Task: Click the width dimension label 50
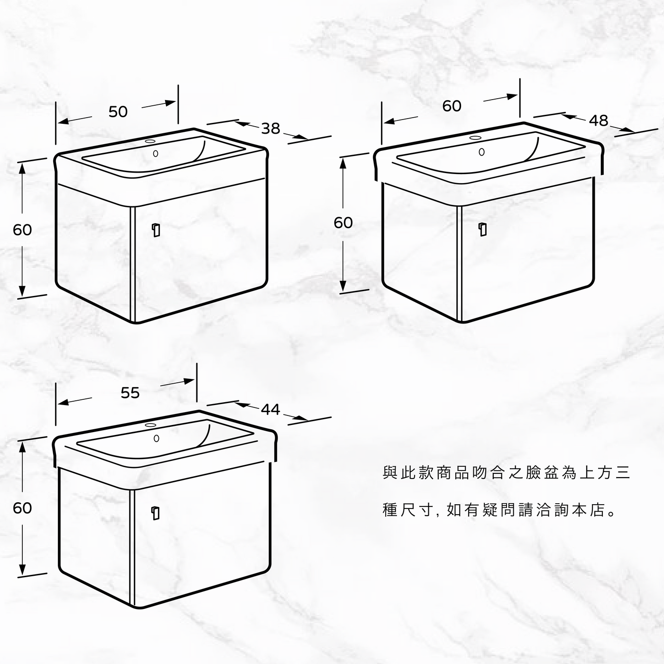(118, 111)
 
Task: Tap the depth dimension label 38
(270, 129)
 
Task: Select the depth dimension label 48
(599, 120)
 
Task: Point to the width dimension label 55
(130, 393)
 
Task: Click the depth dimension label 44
(270, 409)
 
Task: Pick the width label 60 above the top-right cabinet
(452, 106)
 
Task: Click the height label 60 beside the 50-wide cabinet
(22, 230)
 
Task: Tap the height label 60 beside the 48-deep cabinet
(343, 223)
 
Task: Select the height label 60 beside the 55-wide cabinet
(22, 508)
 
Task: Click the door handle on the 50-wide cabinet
(156, 230)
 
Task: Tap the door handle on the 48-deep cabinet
(483, 230)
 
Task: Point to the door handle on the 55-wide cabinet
(156, 513)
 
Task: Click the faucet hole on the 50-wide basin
(150, 141)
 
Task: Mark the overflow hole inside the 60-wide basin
(482, 152)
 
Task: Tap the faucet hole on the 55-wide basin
(150, 425)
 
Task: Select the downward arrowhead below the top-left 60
(22, 291)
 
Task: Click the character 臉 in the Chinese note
(533, 472)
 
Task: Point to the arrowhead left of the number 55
(63, 402)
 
